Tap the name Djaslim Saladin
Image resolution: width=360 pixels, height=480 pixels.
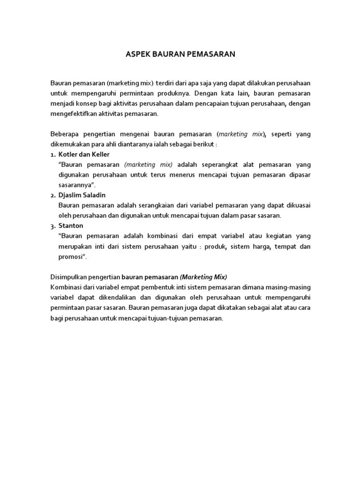[x=82, y=195]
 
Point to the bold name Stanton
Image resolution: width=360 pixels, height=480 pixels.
[x=70, y=225]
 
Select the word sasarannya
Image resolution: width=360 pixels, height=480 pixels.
[x=75, y=185]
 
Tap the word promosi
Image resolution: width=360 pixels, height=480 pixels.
[x=72, y=256]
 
